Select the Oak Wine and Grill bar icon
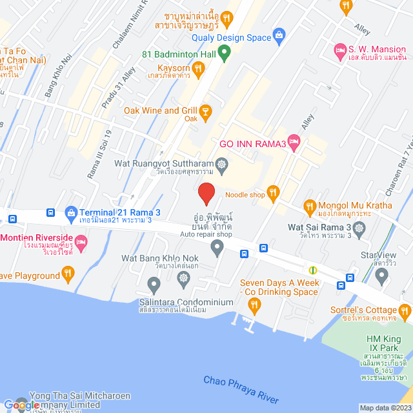(206, 112)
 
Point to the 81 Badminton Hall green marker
(225, 54)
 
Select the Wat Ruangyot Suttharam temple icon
(221, 165)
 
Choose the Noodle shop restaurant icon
(274, 192)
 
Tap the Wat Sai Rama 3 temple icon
(360, 227)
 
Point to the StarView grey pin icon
(382, 276)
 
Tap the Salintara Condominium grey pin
(154, 283)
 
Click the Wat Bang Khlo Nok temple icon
(184, 278)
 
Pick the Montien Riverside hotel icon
(81, 243)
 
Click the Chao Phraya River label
(240, 390)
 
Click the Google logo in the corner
(26, 405)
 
